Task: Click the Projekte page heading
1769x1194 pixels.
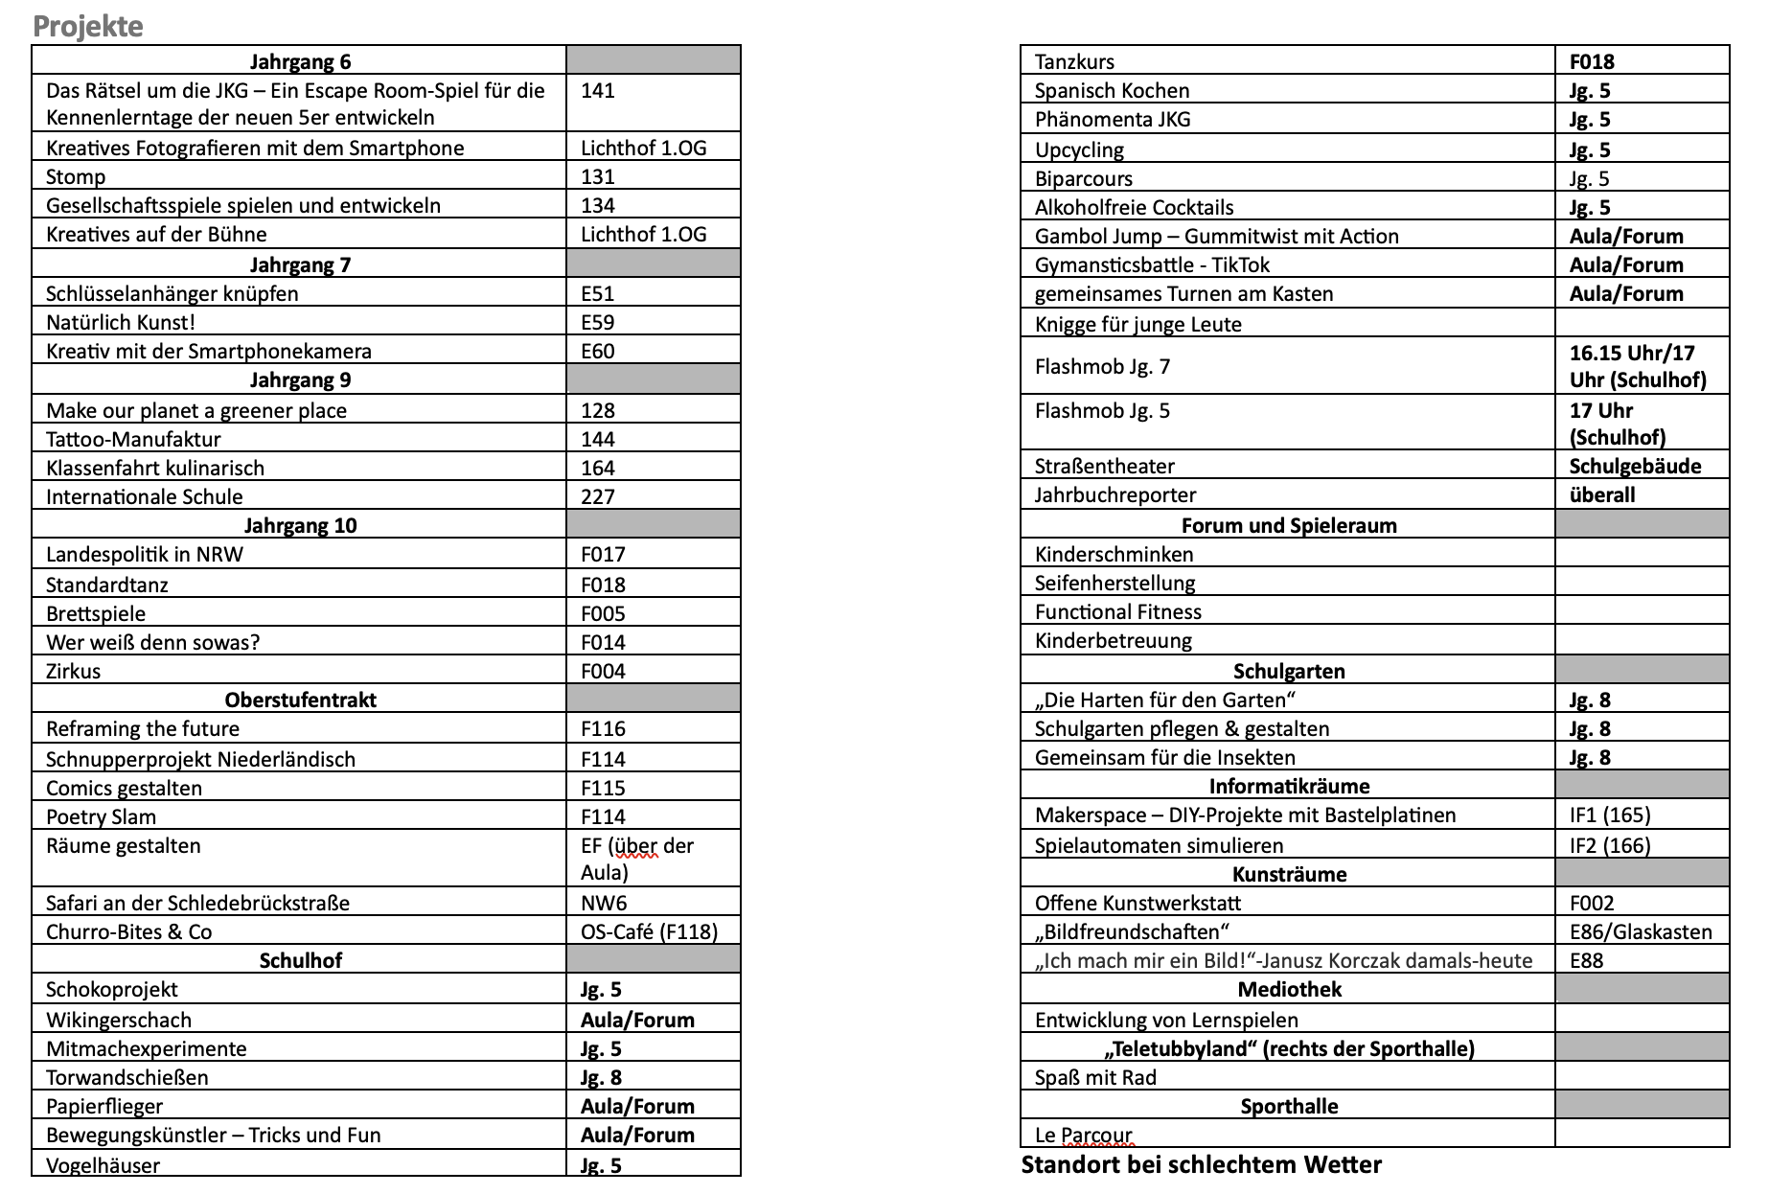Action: [87, 26]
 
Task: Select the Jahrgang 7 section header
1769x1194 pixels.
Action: [300, 264]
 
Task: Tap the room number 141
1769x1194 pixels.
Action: [597, 91]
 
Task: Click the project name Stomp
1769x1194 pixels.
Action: [76, 177]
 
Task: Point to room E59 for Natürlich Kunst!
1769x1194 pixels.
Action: [597, 323]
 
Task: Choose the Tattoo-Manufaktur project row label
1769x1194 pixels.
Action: [133, 440]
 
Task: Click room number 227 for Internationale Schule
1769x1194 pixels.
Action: [597, 497]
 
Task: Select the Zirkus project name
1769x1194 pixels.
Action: [73, 672]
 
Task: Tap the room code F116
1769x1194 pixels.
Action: [603, 729]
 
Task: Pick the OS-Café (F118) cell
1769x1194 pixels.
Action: [649, 932]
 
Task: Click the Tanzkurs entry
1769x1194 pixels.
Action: [1074, 62]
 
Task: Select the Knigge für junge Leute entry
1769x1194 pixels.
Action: [1137, 325]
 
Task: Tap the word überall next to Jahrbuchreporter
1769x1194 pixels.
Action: [1602, 495]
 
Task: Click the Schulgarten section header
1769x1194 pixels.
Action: [1288, 672]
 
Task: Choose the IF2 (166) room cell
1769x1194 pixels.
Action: [1610, 846]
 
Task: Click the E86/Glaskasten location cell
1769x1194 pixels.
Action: [1641, 932]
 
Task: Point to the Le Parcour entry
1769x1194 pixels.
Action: [1083, 1136]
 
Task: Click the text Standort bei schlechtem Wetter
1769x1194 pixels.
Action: [1201, 1165]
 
